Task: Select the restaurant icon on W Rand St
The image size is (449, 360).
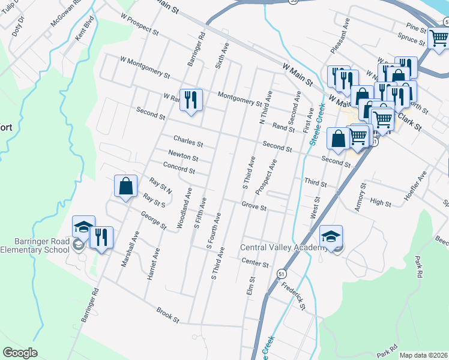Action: click(191, 100)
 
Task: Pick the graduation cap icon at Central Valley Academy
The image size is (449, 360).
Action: click(331, 236)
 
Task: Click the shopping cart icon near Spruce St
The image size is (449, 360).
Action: click(438, 38)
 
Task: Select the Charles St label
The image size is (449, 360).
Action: click(188, 143)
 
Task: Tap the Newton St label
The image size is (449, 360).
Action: click(183, 156)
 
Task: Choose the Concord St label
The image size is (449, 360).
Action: click(179, 169)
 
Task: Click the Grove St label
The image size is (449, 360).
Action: click(254, 206)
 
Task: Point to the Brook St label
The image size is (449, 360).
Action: click(168, 315)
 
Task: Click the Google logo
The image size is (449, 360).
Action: click(20, 353)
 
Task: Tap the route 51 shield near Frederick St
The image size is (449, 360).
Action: click(282, 274)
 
